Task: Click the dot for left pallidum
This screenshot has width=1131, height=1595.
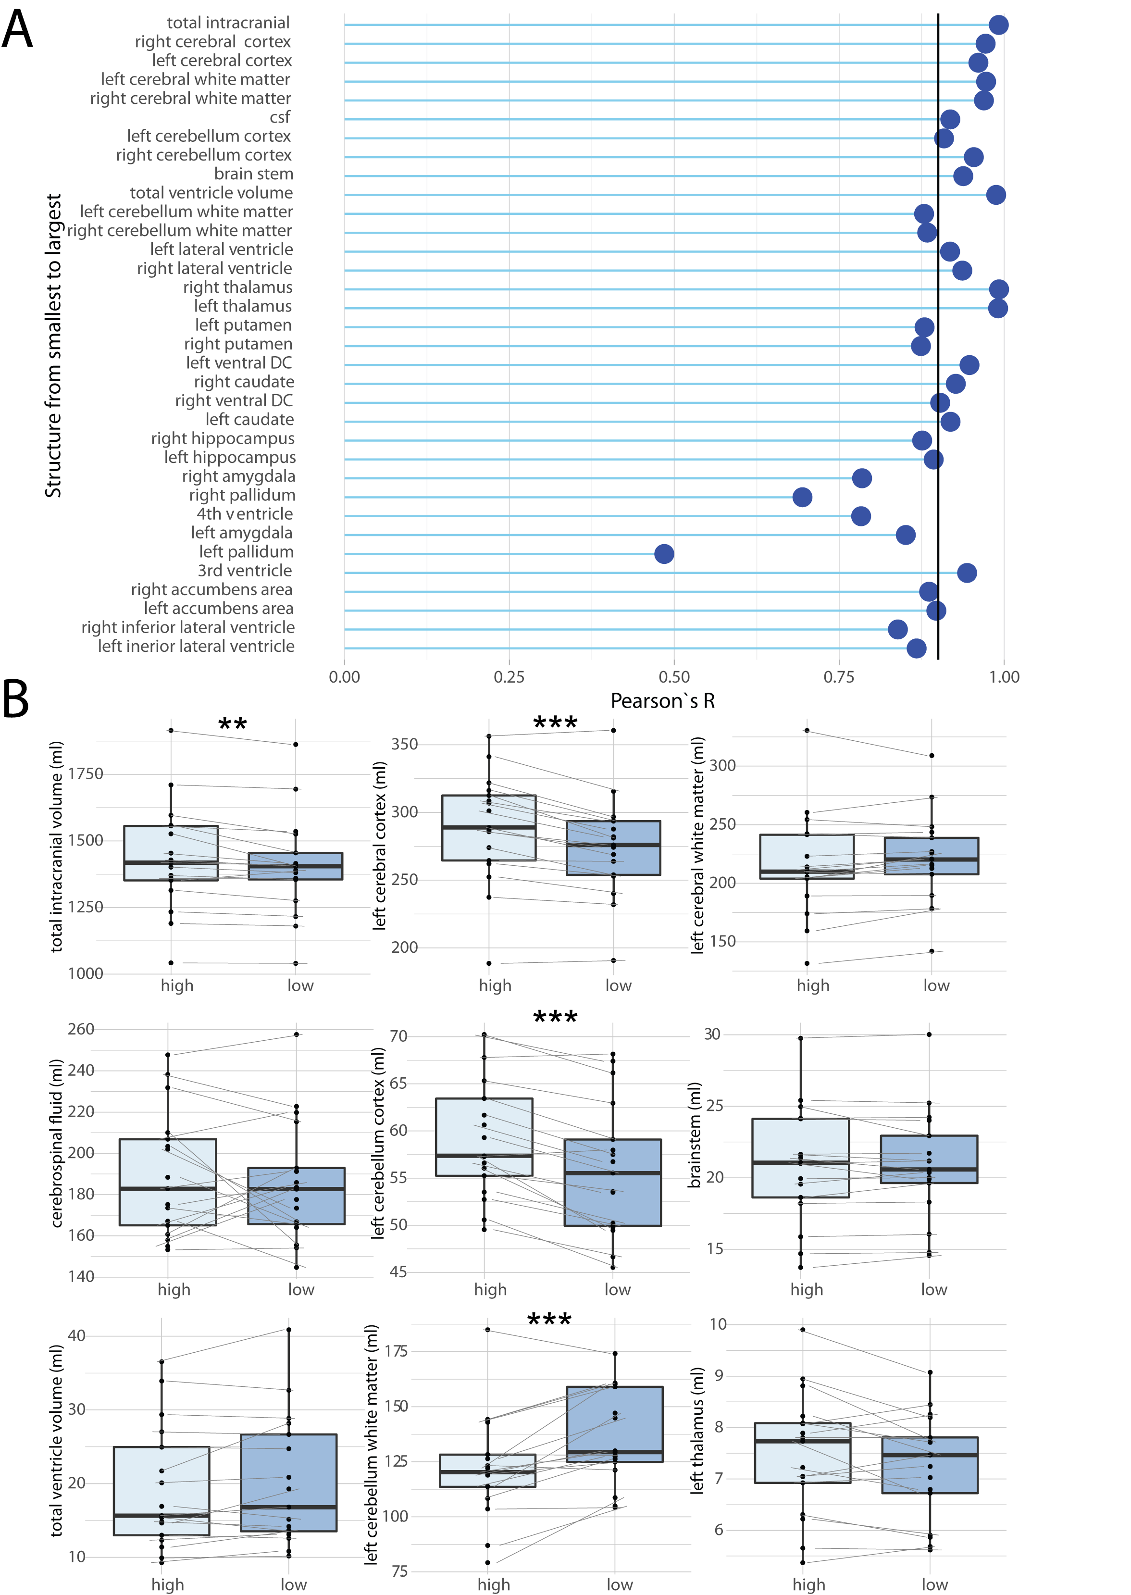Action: coord(664,554)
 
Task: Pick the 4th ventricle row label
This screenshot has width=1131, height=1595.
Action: coord(245,514)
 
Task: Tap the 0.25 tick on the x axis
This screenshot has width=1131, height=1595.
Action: coord(509,676)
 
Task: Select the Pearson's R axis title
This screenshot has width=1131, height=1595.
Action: coord(662,701)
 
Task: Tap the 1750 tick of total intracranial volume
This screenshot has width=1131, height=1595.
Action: coord(85,774)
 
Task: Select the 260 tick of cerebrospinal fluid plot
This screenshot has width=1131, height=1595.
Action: coord(81,1029)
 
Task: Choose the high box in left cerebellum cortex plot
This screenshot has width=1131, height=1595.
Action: coord(484,1137)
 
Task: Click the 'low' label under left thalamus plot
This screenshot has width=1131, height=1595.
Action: coord(934,1584)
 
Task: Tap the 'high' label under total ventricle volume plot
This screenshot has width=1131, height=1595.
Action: coord(168,1584)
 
